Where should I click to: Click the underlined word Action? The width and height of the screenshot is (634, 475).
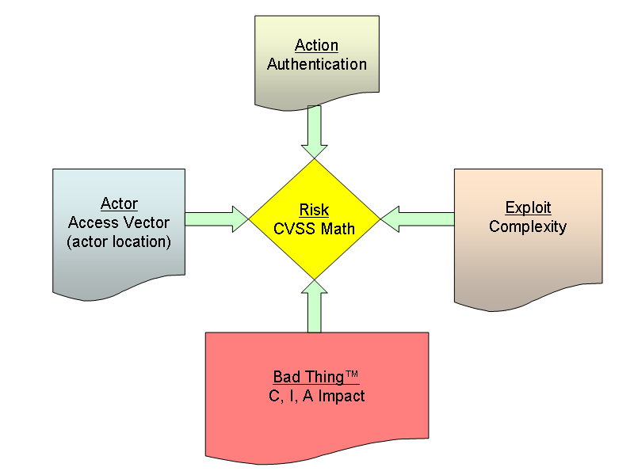click(316, 46)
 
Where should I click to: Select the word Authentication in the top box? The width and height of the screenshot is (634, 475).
click(316, 64)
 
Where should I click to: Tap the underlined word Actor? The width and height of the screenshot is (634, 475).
click(119, 204)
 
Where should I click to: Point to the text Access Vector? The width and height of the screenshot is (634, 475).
click(119, 222)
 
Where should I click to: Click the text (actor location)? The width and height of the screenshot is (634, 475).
click(119, 241)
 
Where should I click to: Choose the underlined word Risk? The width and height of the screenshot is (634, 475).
click(314, 211)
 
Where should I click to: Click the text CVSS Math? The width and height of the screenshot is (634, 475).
click(315, 229)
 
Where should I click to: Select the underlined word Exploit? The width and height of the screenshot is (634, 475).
click(528, 208)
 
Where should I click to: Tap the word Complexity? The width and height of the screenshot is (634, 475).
click(528, 227)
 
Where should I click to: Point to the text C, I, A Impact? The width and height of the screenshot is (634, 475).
click(317, 396)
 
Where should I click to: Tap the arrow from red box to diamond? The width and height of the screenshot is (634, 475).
click(315, 306)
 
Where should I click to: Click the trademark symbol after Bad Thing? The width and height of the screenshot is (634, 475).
click(353, 374)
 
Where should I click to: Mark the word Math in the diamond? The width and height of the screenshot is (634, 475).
click(338, 229)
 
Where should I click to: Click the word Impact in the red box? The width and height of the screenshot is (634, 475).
click(342, 396)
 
